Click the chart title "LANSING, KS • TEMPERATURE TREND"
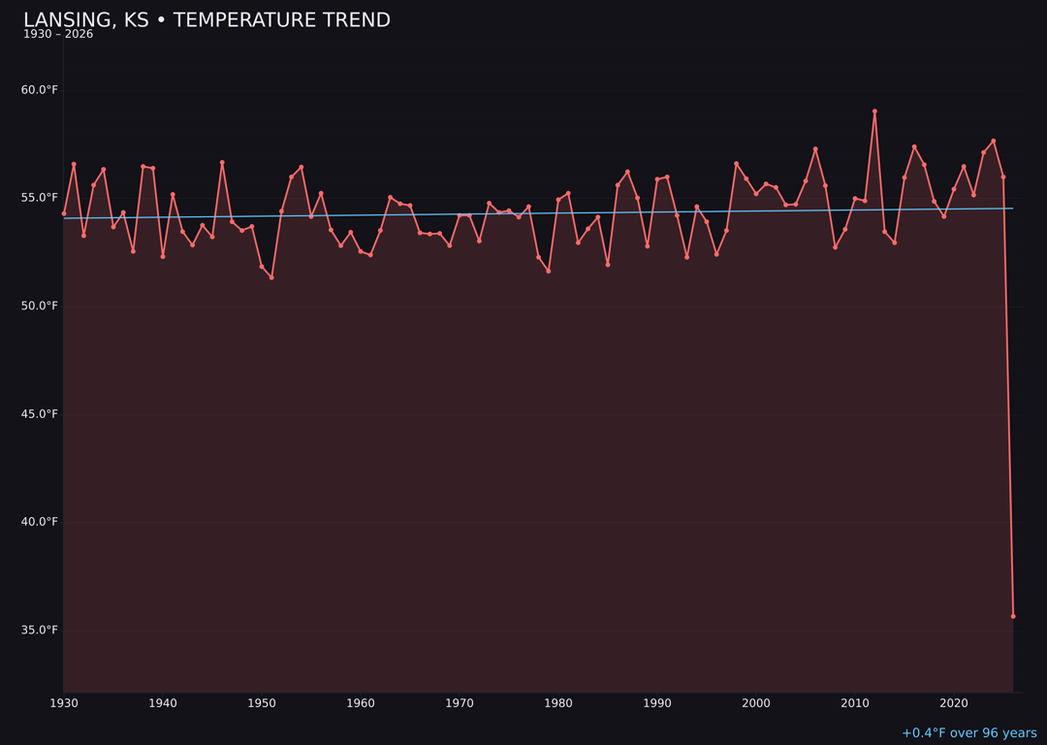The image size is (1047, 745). (206, 20)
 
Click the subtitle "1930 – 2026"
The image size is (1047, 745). (58, 35)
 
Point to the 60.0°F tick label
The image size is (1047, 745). (40, 90)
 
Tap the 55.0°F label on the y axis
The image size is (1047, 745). (40, 198)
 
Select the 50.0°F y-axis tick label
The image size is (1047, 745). (40, 306)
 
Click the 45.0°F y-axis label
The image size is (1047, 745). (40, 414)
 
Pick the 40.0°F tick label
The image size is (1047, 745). (40, 522)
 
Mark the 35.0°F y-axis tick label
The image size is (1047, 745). (40, 630)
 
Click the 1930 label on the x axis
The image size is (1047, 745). (64, 703)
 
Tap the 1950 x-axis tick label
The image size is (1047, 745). (262, 703)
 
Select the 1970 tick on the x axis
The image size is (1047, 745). (460, 703)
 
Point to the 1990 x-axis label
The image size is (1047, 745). (657, 703)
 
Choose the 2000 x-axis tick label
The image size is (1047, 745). (756, 703)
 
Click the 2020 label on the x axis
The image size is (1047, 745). (954, 703)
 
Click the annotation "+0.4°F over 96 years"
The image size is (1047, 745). (968, 733)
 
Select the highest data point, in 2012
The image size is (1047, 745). (874, 112)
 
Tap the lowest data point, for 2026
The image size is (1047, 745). (1013, 616)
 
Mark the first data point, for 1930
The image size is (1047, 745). (64, 213)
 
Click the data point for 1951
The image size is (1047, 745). (271, 277)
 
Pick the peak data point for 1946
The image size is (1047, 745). (222, 163)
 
